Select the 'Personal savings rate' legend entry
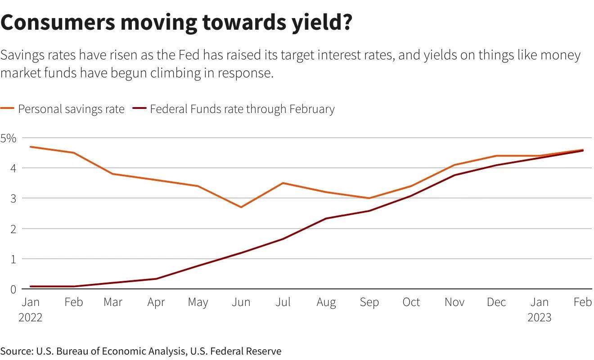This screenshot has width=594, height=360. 71,109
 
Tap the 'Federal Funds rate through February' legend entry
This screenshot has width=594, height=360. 242,109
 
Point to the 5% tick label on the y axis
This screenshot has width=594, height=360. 9,138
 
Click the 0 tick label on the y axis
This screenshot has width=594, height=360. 13,289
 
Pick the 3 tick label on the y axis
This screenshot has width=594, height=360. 13,198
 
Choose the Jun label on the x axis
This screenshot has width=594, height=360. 241,302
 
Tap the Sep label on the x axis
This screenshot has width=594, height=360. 369,302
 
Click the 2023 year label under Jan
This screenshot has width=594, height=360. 539,318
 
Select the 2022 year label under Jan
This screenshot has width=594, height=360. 31,318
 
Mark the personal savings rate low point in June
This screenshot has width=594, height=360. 241,207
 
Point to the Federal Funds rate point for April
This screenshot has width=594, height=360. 156,279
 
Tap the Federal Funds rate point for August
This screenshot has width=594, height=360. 326,219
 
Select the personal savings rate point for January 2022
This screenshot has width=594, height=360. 31,147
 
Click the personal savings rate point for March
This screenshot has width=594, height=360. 113,174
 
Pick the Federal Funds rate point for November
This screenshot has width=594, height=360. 454,175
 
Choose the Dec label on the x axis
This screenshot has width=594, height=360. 496,302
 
